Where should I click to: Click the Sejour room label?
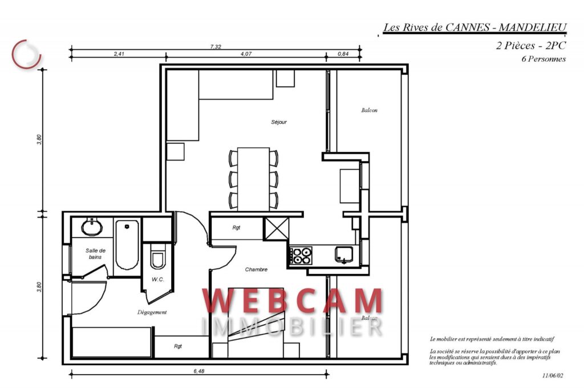[x=279, y=122]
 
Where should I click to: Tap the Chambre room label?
[x=256, y=270]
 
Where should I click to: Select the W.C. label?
[x=158, y=280]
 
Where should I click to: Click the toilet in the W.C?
[x=158, y=258]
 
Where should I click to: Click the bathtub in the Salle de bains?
[x=127, y=247]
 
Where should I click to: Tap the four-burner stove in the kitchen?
[x=302, y=256]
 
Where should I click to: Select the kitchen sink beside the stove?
[x=343, y=255]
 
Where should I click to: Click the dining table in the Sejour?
[x=253, y=179]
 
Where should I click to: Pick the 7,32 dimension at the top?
[x=216, y=47]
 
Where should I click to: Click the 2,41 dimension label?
[x=119, y=54]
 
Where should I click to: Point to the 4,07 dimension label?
[x=246, y=54]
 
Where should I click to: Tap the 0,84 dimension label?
[x=343, y=54]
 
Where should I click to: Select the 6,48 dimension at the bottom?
[x=198, y=371]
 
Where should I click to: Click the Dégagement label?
[x=152, y=312]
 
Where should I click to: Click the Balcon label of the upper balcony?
[x=369, y=110]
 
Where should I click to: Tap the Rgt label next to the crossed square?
[x=236, y=227]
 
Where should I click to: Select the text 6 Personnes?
[x=544, y=59]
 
